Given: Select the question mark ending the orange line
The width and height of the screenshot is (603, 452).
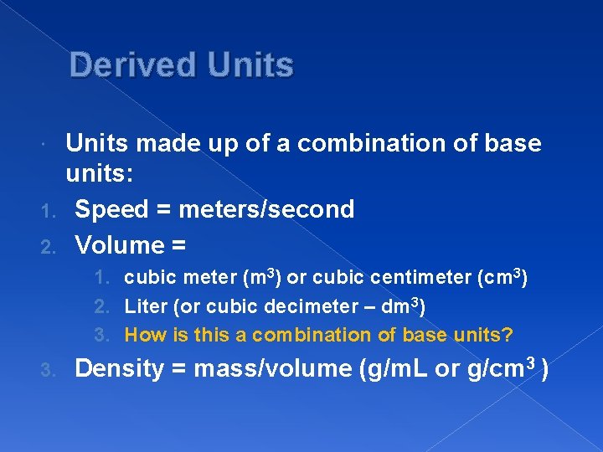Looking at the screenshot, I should (x=508, y=335).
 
